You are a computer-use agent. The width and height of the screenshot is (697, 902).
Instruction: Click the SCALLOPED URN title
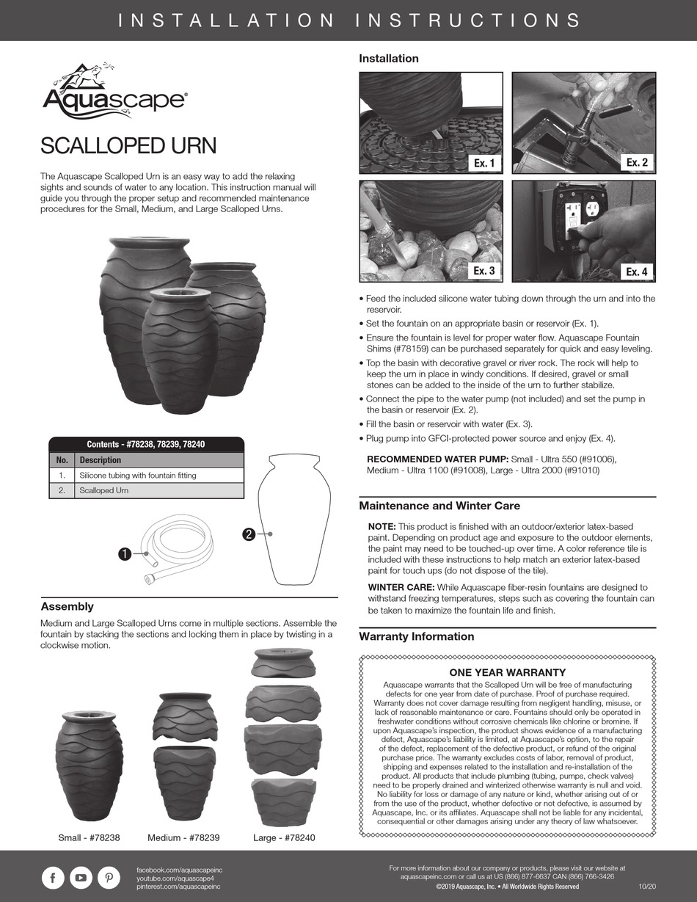point(128,145)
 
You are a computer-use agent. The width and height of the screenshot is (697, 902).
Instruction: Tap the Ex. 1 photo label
point(484,163)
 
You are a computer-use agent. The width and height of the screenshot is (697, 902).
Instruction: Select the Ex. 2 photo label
point(636,162)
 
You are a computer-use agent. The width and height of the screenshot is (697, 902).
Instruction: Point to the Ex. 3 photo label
point(483,271)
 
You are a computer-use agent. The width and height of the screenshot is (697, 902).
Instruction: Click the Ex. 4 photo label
point(636,272)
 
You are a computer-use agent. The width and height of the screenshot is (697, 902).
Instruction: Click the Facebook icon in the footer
point(53,878)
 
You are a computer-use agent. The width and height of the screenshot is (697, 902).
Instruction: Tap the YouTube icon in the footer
point(81,878)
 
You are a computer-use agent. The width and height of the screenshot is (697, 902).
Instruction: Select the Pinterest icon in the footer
point(108,878)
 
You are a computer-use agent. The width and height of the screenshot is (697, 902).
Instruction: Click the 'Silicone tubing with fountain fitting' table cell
point(138,476)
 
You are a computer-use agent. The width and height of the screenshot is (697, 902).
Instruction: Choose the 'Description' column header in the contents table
point(101,460)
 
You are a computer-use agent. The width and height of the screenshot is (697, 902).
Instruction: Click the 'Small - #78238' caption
point(89,837)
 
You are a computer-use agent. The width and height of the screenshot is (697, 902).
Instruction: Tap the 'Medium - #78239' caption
point(183,837)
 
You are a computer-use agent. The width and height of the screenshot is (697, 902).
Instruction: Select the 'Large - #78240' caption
point(284,837)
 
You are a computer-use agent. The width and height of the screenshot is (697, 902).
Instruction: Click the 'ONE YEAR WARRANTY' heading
point(507,672)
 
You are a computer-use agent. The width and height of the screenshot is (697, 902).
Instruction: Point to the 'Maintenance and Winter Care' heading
point(439,506)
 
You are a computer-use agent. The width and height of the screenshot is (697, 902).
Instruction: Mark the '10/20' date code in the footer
point(647,887)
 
